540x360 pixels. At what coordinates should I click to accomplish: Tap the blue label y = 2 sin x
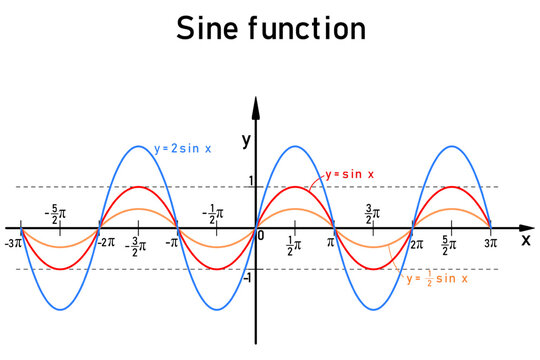pos(183,149)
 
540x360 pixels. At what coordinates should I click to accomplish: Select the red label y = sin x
pos(350,174)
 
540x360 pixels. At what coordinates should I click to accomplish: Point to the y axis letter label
pos(246,141)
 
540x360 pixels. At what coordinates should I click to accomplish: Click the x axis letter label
pos(526,240)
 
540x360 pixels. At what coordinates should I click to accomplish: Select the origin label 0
pos(262,236)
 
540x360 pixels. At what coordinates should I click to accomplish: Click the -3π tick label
pos(14,243)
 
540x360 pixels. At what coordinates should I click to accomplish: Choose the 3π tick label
pos(489,243)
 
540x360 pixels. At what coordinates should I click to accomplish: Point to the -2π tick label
pos(103,243)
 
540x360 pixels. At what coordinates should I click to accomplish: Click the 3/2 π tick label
pos(373,212)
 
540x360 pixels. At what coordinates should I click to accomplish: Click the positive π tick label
pos(331,242)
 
